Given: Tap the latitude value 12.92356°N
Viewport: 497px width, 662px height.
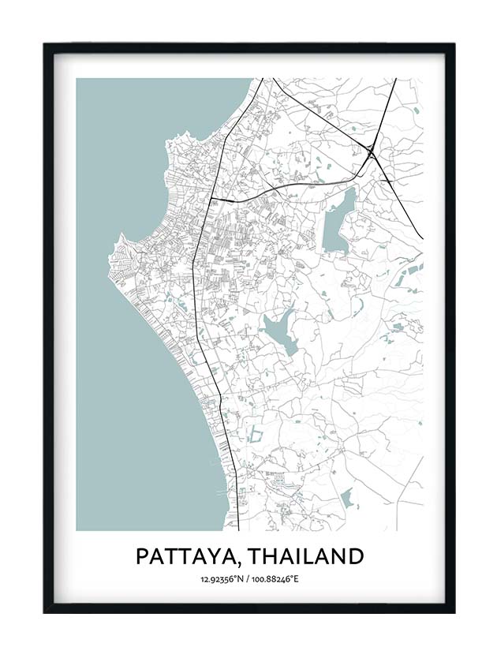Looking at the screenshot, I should click(223, 580).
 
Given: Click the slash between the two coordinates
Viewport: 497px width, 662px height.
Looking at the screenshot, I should click(248, 580).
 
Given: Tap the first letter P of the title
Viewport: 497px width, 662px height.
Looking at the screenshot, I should click(143, 556).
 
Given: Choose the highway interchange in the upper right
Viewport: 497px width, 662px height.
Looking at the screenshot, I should click(370, 151).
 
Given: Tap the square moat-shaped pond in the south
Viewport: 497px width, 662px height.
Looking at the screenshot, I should click(256, 435).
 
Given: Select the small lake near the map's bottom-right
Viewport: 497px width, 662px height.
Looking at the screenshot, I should click(346, 498).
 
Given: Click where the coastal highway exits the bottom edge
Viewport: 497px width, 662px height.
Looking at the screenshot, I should click(237, 529).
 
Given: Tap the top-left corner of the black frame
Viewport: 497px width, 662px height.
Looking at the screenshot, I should click(45, 44).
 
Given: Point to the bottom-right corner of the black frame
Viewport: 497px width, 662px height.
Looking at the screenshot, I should click(454, 612).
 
